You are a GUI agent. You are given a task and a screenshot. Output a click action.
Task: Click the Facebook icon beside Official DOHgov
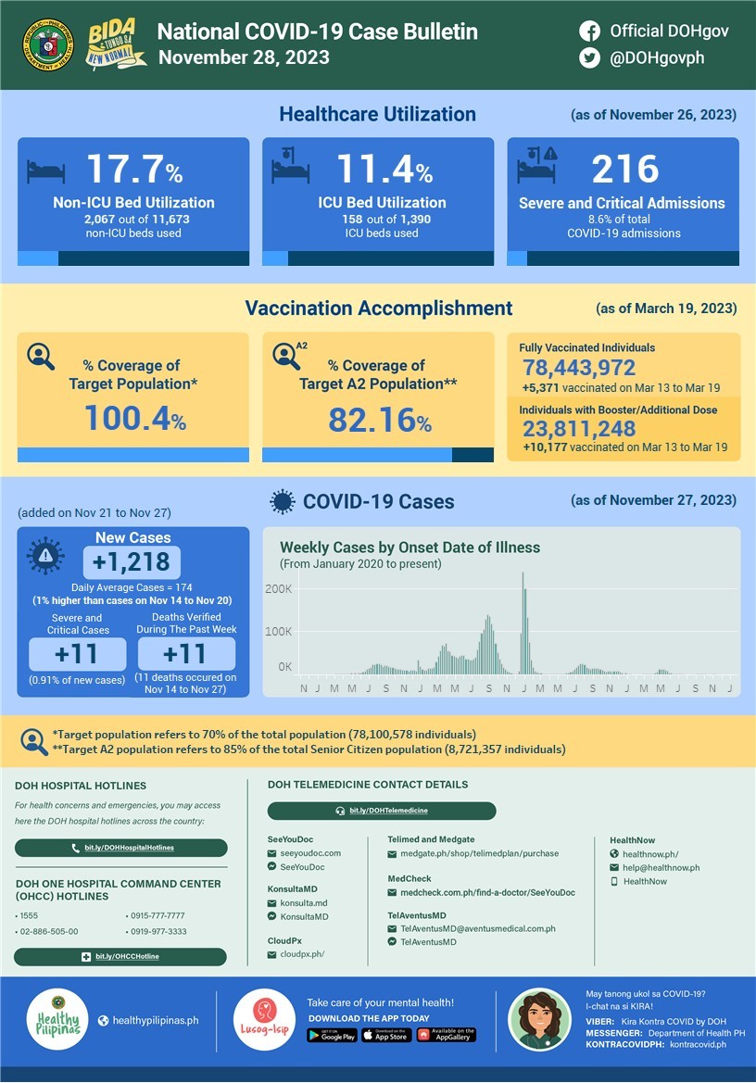pyautogui.click(x=589, y=31)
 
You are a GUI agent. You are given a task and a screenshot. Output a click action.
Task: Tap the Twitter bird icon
pyautogui.click(x=589, y=57)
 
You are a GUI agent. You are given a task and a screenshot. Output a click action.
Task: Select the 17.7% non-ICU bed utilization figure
pyautogui.click(x=134, y=170)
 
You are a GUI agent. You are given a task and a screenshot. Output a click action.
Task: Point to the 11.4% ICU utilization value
pyautogui.click(x=384, y=170)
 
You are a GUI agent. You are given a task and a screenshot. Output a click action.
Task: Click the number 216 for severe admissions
pyautogui.click(x=625, y=170)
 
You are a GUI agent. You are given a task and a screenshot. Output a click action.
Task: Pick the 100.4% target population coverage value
pyautogui.click(x=135, y=419)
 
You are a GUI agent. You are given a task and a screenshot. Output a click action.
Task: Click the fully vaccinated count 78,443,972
pyautogui.click(x=579, y=369)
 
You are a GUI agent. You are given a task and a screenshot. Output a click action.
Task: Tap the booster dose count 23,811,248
pyautogui.click(x=579, y=428)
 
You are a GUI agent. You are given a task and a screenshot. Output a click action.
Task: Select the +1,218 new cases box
pyautogui.click(x=132, y=562)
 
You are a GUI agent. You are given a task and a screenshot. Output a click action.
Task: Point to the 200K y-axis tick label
pyautogui.click(x=279, y=589)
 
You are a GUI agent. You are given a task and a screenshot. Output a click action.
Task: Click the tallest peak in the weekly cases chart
pyautogui.click(x=523, y=576)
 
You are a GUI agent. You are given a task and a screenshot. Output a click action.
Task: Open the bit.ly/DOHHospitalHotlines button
pyautogui.click(x=121, y=848)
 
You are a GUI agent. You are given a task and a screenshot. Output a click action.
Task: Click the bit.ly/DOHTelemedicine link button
pyautogui.click(x=382, y=811)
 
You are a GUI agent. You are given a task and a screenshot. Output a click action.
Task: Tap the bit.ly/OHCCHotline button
pyautogui.click(x=120, y=956)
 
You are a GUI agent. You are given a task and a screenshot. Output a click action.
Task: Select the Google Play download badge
pyautogui.click(x=332, y=1036)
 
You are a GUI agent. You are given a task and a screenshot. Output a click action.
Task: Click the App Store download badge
pyautogui.click(x=385, y=1036)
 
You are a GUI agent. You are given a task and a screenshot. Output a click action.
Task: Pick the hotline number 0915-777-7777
pyautogui.click(x=157, y=915)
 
